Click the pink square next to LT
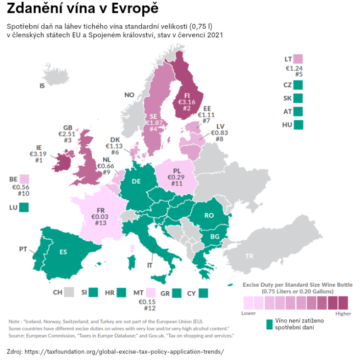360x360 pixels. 299,59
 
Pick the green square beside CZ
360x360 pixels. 299,85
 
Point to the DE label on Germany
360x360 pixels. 136,181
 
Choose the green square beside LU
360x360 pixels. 24,207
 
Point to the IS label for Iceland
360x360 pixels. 42,86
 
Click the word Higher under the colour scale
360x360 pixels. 343,314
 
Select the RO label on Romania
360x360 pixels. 209,215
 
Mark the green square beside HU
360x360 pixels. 299,124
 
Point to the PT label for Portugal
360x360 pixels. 23,249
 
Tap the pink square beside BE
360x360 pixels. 24,179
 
